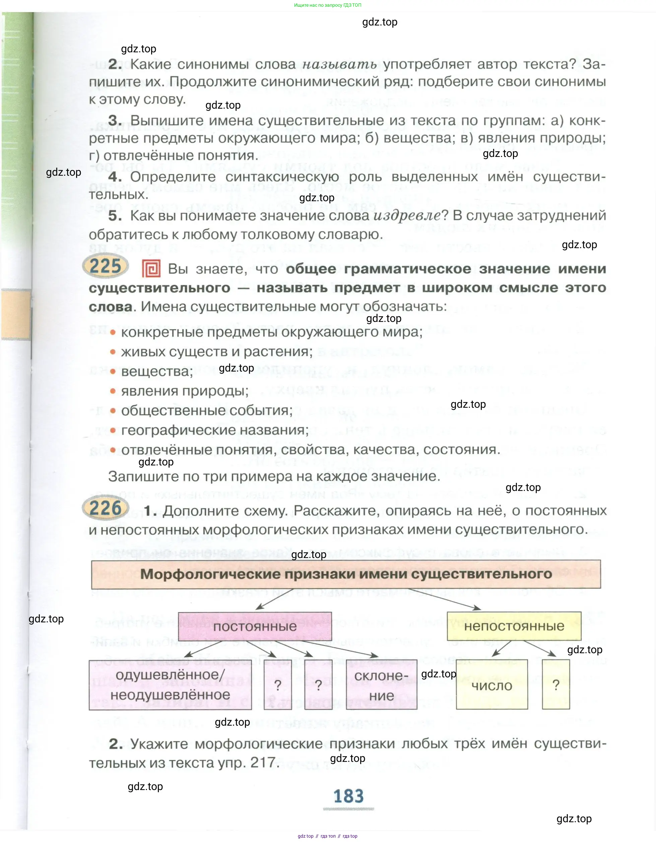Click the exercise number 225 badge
pos(106,266)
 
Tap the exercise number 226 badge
pos(106,508)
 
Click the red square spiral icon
pos(151,268)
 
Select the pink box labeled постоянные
pos(255,626)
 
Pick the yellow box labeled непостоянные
pos(514,626)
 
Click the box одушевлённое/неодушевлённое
pos(170,685)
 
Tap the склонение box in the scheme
pos(381,685)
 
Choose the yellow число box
pos(491,685)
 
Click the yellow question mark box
pos(555,685)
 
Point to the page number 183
pos(348,796)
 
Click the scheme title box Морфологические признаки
pos(345,574)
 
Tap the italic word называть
pos(339,64)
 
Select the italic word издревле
pos(407,216)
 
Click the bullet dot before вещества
pos(113,371)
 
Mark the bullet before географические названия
pos(113,430)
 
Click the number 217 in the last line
pos(263,763)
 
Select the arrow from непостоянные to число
pos(502,649)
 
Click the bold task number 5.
pos(115,216)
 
